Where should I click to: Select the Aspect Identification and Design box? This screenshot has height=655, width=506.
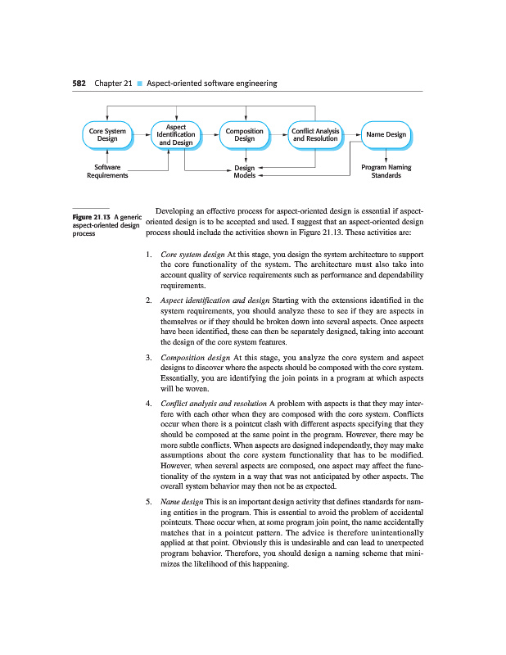(x=176, y=135)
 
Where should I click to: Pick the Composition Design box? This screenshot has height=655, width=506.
(x=244, y=135)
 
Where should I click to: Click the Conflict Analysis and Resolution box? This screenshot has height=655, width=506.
(x=315, y=135)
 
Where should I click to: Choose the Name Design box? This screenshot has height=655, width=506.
(x=386, y=135)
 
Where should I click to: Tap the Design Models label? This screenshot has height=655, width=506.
(x=244, y=171)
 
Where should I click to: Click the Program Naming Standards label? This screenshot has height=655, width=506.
(x=386, y=171)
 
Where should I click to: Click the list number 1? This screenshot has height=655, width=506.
(x=147, y=255)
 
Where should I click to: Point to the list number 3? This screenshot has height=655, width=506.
(x=147, y=358)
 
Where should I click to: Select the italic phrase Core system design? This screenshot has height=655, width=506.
(x=195, y=255)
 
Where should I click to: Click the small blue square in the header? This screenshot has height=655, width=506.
(x=140, y=84)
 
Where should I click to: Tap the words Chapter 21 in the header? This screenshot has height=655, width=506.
(x=113, y=83)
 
